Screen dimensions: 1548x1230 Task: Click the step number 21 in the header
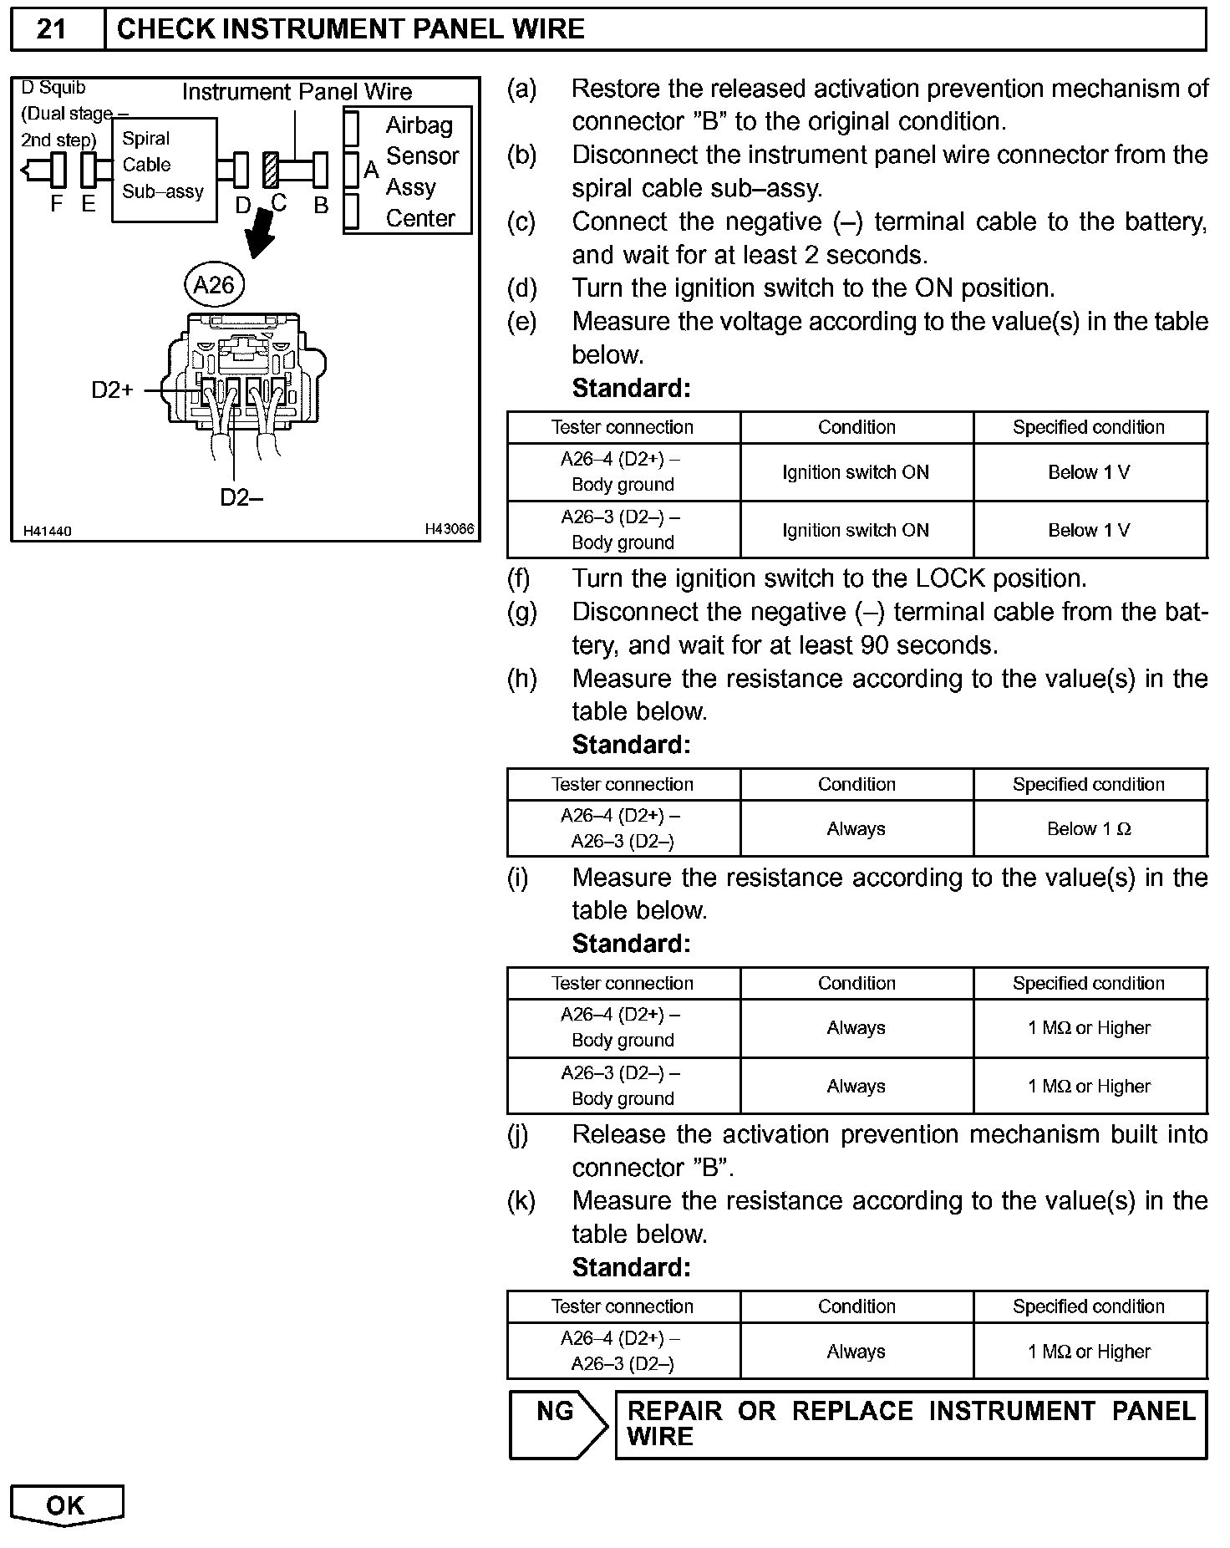[x=52, y=29]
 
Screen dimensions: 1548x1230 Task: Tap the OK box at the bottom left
[x=66, y=1505]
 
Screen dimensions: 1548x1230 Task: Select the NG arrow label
[x=557, y=1413]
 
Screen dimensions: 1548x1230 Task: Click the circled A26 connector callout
[x=214, y=286]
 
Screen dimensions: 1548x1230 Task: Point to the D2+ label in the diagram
[x=112, y=390]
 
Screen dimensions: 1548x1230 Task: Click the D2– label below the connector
[x=241, y=498]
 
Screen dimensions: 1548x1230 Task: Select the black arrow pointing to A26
[x=262, y=234]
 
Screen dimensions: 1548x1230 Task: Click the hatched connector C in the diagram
[x=271, y=170]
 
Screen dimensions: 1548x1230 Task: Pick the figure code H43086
[x=449, y=529]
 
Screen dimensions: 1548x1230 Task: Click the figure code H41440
[x=48, y=532]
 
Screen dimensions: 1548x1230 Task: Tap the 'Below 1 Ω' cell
[x=1089, y=829]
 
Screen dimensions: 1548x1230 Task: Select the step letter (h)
[x=522, y=679]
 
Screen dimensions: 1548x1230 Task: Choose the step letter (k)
[x=522, y=1201]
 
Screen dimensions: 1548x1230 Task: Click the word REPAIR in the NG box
[x=674, y=1412]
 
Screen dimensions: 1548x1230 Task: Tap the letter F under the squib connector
[x=57, y=204]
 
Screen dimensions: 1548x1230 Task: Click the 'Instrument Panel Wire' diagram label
[x=297, y=92]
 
